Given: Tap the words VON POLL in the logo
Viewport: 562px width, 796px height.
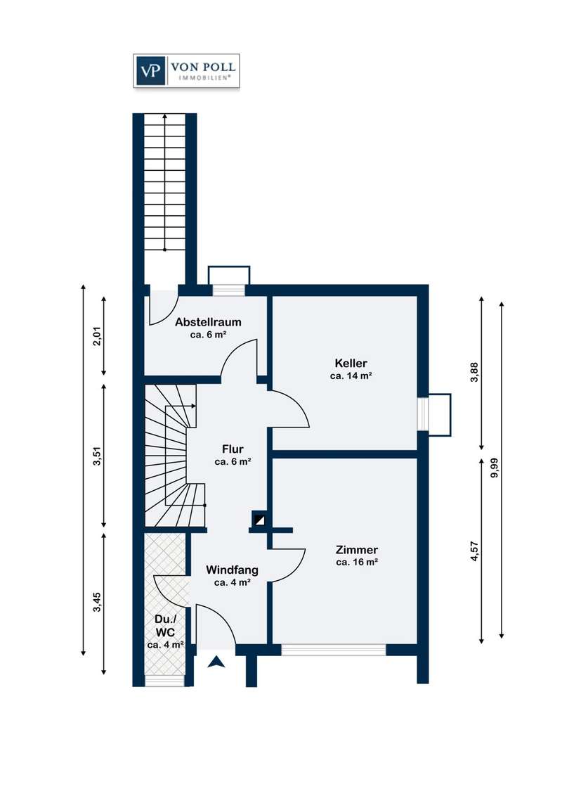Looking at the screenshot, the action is click(x=203, y=67).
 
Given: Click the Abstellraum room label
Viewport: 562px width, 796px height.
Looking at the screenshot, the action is click(x=208, y=322).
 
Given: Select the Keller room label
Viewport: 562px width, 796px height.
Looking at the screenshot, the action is click(x=351, y=363).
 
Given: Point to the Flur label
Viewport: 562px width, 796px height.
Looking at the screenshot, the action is click(x=233, y=449).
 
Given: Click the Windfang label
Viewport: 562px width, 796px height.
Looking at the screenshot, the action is click(x=233, y=570).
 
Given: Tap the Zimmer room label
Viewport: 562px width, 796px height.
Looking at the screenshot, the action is click(x=357, y=550).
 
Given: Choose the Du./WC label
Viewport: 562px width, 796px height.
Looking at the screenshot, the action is click(x=165, y=626).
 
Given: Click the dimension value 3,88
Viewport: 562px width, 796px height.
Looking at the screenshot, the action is click(x=475, y=372).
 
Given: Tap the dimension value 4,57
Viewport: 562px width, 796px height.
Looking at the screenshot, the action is click(x=475, y=551).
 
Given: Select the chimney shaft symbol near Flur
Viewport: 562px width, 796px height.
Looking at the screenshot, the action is click(x=260, y=519).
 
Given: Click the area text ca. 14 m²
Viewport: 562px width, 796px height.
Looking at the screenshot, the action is click(x=351, y=376).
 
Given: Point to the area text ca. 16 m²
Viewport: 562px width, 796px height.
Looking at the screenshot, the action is click(x=357, y=563).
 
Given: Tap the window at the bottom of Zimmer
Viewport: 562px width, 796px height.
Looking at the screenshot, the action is click(x=334, y=650).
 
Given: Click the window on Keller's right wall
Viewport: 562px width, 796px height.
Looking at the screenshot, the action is click(x=423, y=413).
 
